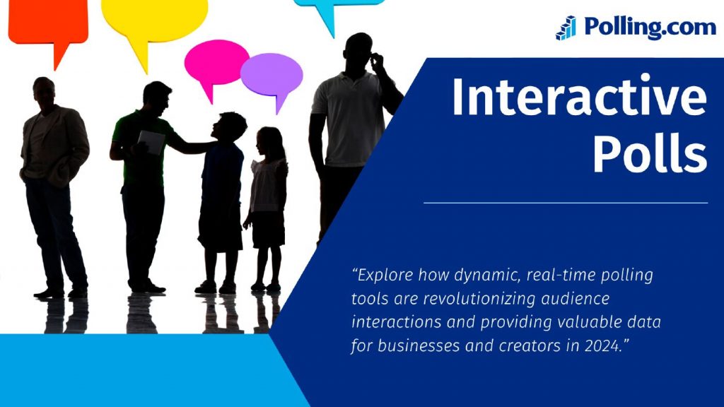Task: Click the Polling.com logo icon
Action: pos(566,28)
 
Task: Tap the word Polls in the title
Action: pos(650,151)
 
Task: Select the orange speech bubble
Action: pos(49,28)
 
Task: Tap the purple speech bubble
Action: pos(272,78)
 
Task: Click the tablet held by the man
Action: pos(151,142)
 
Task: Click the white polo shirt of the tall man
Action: pos(349,119)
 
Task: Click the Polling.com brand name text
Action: pos(650,27)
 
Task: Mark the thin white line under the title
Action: pos(566,203)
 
